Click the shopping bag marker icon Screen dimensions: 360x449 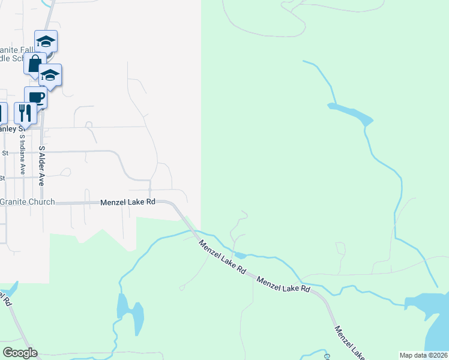pyautogui.click(x=35, y=63)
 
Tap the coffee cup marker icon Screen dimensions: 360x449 pyautogui.click(x=35, y=97)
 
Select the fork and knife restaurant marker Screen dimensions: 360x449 pyautogui.click(x=25, y=112)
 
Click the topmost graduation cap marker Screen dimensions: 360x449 pyautogui.click(x=46, y=41)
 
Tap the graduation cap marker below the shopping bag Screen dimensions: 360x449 pyautogui.click(x=50, y=75)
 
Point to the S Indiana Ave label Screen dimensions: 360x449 pyautogui.click(x=22, y=154)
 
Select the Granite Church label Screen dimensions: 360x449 pyautogui.click(x=28, y=202)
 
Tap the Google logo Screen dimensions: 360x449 pyautogui.click(x=20, y=353)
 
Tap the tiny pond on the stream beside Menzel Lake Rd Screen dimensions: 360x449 pyautogui.click(x=239, y=255)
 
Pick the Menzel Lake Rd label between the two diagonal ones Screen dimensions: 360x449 pyautogui.click(x=283, y=284)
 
